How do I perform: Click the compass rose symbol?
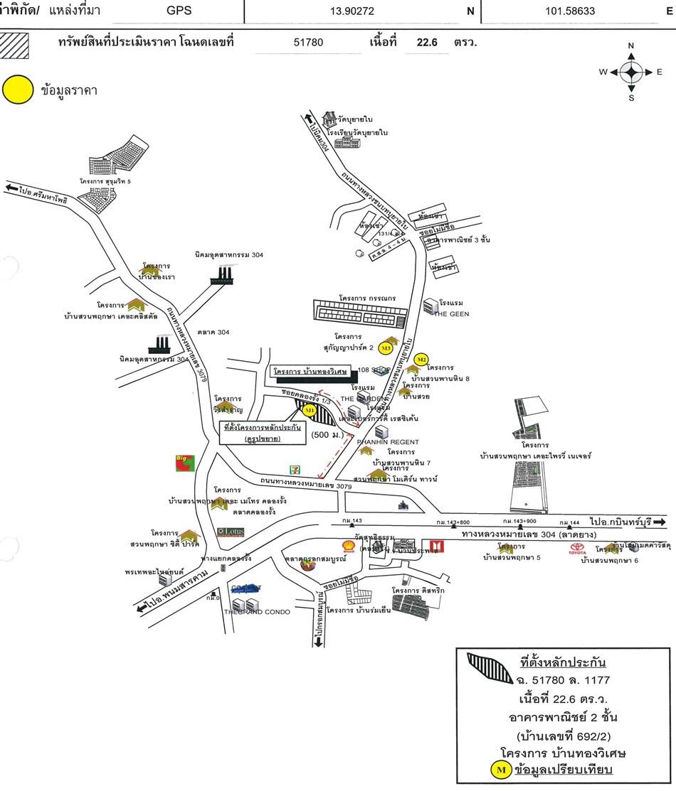[630, 72]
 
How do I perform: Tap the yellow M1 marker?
[310, 411]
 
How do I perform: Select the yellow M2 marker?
[421, 360]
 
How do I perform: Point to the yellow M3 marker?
[386, 348]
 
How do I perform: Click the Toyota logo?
[576, 549]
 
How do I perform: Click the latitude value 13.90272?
[352, 11]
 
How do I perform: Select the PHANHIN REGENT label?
[388, 442]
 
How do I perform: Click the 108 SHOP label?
[372, 370]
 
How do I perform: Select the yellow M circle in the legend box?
[500, 770]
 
